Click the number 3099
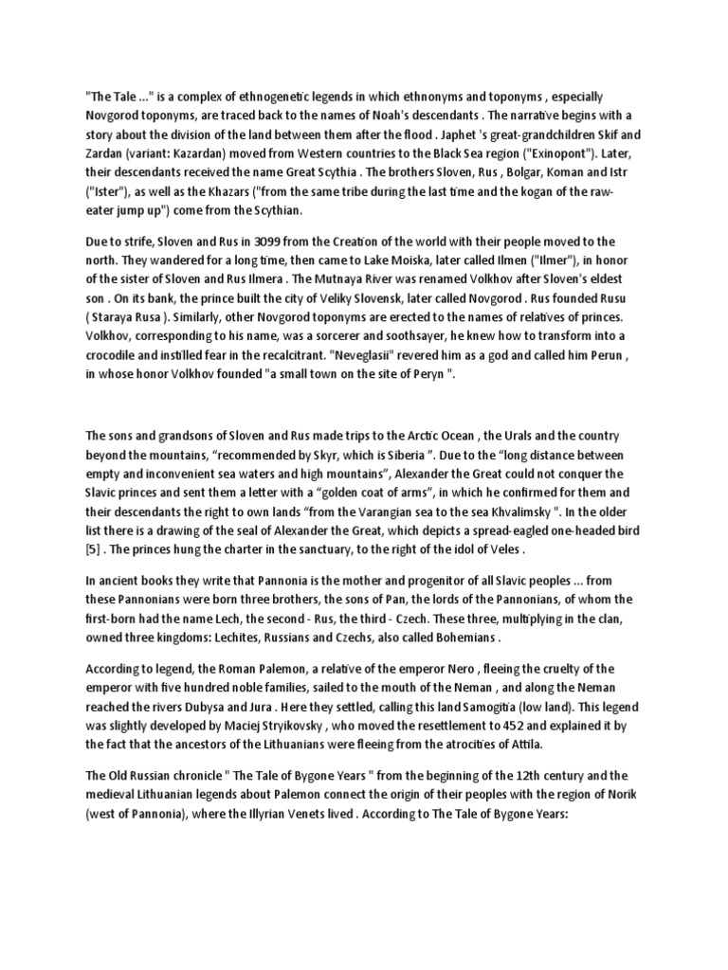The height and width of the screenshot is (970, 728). tap(243, 242)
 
